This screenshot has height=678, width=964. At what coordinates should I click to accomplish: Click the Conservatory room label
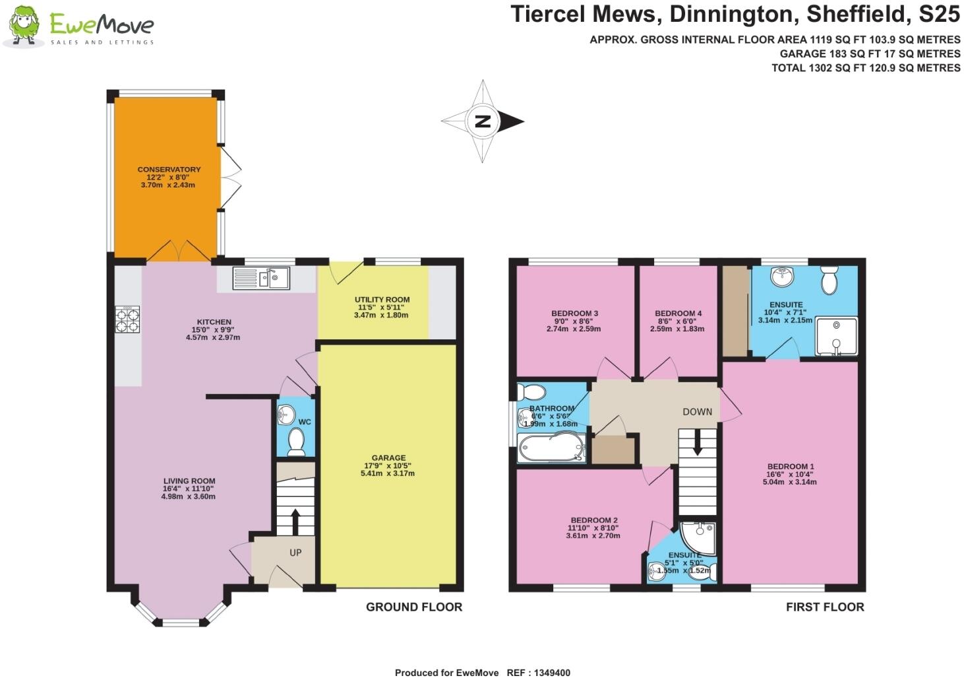pyautogui.click(x=169, y=170)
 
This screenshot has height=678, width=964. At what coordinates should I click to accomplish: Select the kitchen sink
pyautogui.click(x=261, y=279)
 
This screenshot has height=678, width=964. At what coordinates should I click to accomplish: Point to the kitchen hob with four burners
pyautogui.click(x=127, y=320)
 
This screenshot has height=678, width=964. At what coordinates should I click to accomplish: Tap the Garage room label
pyautogui.click(x=388, y=458)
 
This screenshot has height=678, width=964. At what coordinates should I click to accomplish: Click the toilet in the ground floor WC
pyautogui.click(x=296, y=441)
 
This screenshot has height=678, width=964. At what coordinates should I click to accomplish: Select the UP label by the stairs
pyautogui.click(x=295, y=552)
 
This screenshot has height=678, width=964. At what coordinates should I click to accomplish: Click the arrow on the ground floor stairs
pyautogui.click(x=294, y=521)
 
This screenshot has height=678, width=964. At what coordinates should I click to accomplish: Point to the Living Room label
pyautogui.click(x=189, y=481)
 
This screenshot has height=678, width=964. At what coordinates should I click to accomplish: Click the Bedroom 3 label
pyautogui.click(x=574, y=314)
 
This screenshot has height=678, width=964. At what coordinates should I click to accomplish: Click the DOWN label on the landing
pyautogui.click(x=697, y=411)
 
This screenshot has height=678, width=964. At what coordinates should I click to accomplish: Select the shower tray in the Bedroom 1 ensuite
pyautogui.click(x=835, y=337)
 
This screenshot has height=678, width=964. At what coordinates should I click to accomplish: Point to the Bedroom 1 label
pyautogui.click(x=789, y=467)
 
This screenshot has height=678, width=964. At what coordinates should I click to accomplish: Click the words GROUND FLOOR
pyautogui.click(x=414, y=607)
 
